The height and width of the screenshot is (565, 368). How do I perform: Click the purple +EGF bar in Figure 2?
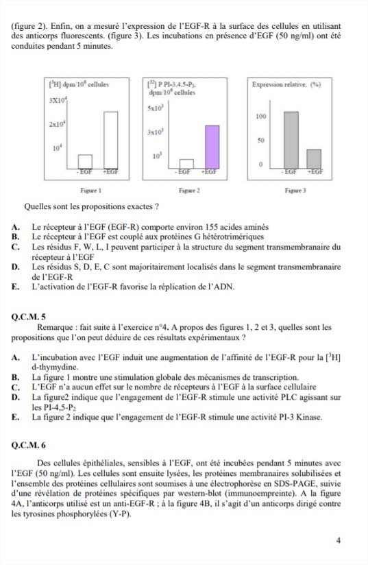point(212,147)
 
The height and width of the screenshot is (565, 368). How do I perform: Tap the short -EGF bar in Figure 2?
point(186,164)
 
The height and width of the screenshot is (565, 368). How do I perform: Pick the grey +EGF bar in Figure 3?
point(314,158)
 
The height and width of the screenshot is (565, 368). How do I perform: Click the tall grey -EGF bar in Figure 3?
point(291,140)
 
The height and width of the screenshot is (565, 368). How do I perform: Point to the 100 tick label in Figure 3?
point(260,117)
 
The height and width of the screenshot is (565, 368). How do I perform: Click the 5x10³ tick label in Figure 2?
point(156,108)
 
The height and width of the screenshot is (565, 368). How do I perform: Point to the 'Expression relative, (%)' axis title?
point(286,84)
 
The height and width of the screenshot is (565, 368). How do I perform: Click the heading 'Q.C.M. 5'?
point(29,317)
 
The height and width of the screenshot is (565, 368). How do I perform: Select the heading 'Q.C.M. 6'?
point(29,446)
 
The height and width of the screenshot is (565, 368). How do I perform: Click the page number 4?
point(338,540)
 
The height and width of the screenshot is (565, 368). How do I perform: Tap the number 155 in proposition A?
point(211,227)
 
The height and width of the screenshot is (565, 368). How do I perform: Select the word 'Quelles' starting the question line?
point(36,207)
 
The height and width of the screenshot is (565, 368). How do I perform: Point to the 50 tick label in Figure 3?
point(260,140)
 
